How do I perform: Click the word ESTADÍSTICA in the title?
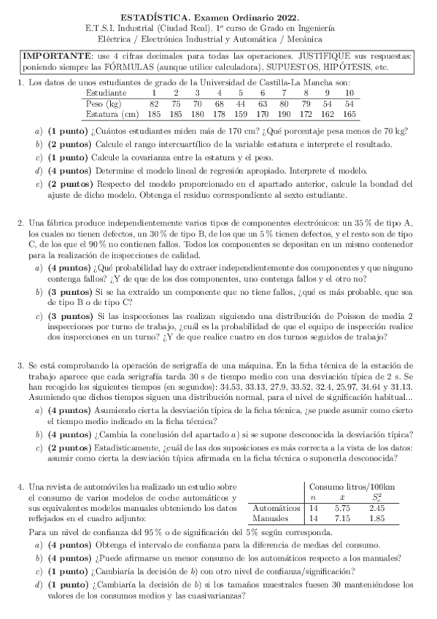151,16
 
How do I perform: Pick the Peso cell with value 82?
154,104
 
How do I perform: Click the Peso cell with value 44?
240,104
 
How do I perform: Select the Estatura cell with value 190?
284,114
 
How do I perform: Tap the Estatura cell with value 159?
240,114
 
